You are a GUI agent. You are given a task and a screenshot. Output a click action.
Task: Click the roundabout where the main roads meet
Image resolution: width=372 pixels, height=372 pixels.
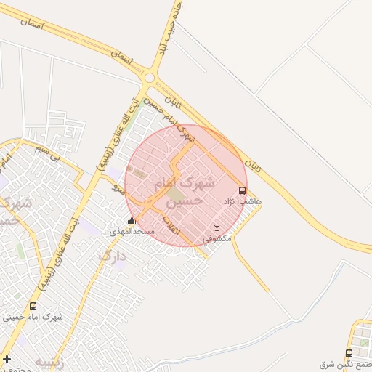click(150, 77)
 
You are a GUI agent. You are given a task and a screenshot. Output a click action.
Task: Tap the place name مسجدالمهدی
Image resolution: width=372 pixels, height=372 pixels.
click(132, 231)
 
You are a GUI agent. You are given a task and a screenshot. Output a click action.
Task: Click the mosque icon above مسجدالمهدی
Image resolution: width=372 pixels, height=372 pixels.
click(132, 221)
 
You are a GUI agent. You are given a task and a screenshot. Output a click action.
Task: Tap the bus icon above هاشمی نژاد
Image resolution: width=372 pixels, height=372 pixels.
click(242, 190)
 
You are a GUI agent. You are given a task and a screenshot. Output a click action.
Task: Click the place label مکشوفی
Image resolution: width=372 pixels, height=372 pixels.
click(216, 238)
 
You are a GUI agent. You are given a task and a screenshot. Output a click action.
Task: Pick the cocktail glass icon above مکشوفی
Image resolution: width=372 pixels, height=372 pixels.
click(216, 227)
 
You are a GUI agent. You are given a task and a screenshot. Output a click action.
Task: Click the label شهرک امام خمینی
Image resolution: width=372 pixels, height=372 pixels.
click(33, 317)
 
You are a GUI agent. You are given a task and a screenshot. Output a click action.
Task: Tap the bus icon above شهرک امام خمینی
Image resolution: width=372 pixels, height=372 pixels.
click(33, 307)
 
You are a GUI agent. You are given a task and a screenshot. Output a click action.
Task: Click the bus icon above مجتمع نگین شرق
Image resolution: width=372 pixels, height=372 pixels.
click(349, 353)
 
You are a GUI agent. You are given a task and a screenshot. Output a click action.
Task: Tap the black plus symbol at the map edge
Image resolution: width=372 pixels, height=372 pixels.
click(7, 359)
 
